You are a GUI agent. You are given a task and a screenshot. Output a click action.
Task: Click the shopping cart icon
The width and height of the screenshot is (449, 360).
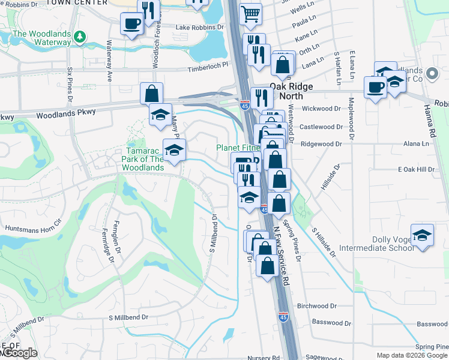point(251,12)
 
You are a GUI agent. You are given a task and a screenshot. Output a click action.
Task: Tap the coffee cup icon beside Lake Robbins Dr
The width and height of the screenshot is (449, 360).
point(131,23)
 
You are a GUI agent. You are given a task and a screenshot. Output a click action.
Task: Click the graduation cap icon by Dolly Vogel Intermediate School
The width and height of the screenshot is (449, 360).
point(422,235)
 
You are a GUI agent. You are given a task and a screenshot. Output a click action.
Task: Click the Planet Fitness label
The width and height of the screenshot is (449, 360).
point(238,148)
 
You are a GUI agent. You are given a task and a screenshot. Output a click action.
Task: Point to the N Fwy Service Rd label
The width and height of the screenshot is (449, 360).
point(282,255)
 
